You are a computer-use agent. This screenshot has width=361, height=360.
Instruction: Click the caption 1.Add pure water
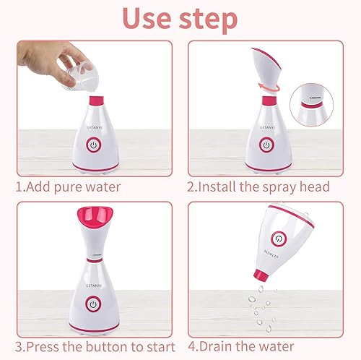pyautogui.click(x=68, y=187)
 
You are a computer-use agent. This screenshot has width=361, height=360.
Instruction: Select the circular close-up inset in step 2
pyautogui.click(x=316, y=103)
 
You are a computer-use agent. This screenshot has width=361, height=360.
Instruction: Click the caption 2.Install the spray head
pyautogui.click(x=258, y=187)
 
